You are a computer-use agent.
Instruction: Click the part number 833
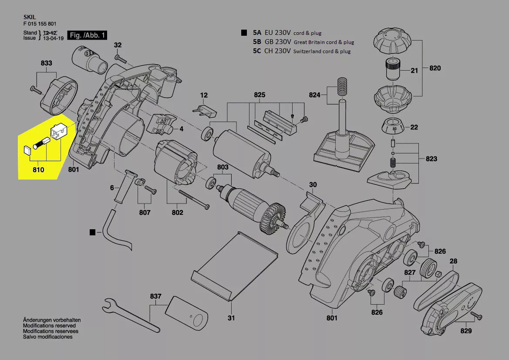(47, 63)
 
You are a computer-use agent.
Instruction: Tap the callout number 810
(38, 170)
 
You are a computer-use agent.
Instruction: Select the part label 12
(204, 95)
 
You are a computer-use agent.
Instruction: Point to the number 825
(260, 95)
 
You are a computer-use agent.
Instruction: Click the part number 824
(314, 95)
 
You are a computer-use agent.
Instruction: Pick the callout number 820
(435, 68)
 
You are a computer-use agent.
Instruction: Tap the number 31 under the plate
(231, 318)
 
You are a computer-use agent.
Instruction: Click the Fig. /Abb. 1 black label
(88, 35)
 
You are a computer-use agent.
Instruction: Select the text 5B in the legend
(257, 42)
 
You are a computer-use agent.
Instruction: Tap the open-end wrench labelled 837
(126, 313)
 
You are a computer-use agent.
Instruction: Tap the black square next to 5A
(244, 33)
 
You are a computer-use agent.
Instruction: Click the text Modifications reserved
(49, 326)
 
